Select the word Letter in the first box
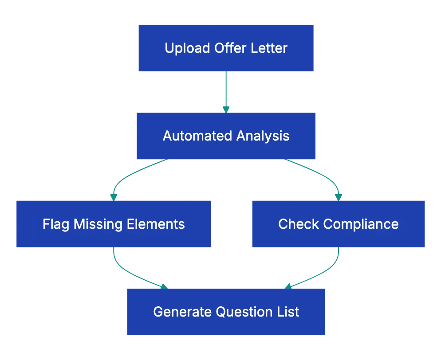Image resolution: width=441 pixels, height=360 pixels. [270, 48]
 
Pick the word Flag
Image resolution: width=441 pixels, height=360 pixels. [56, 224]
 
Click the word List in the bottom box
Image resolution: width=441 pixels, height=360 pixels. [289, 312]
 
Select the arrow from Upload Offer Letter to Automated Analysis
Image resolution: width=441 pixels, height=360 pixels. [226, 91]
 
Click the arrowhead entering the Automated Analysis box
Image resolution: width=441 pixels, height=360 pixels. [226, 109]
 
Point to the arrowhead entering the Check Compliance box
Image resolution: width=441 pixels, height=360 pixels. [339, 196]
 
